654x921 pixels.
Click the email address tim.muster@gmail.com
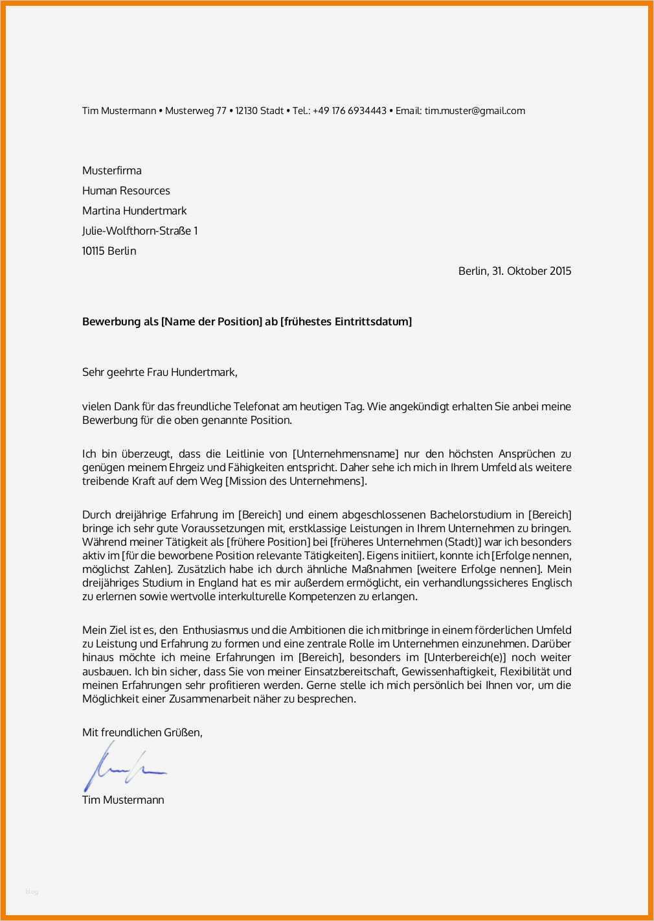475,111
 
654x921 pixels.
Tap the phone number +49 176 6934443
349,111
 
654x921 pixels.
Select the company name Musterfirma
111,170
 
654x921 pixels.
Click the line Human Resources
126,191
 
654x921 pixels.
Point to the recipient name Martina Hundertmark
134,211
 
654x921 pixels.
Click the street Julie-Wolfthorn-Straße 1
140,231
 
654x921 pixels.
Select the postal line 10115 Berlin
109,251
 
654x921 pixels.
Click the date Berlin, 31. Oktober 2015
515,271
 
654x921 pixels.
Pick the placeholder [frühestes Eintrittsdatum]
346,321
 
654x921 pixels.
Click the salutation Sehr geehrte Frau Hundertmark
159,372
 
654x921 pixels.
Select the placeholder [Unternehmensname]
346,454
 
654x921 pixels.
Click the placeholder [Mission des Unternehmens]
296,481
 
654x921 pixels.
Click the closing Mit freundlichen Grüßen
142,732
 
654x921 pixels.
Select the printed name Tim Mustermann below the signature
123,800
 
